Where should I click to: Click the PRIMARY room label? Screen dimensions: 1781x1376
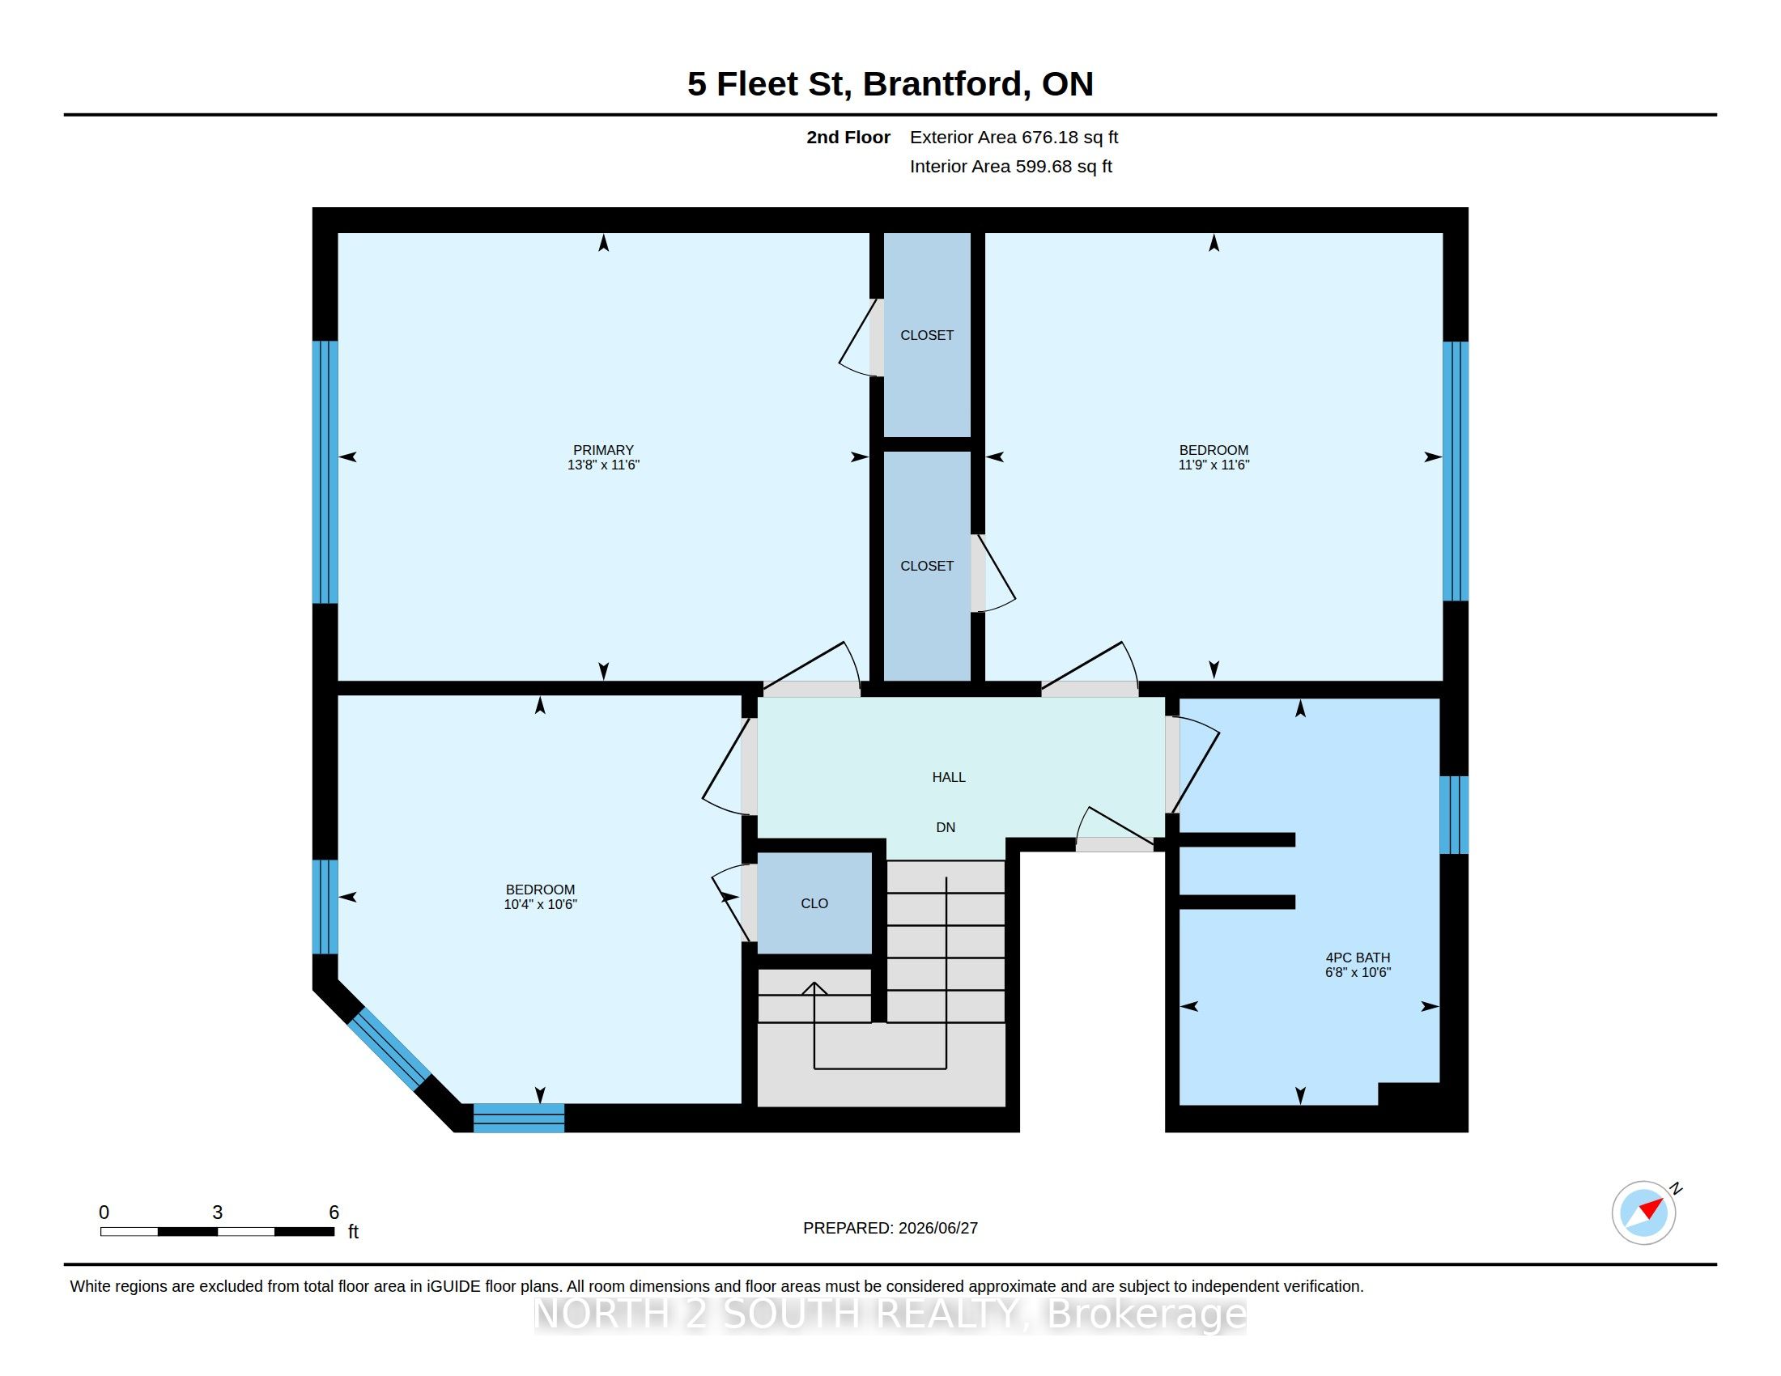coord(602,450)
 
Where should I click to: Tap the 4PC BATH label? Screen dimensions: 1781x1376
coord(1358,958)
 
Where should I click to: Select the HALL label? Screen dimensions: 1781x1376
coord(949,778)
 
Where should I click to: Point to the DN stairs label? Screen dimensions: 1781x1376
coord(945,827)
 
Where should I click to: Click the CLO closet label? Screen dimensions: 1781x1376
coord(814,903)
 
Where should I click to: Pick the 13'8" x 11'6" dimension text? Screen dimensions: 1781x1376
coord(603,465)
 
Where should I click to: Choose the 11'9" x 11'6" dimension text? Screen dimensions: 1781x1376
coord(1214,465)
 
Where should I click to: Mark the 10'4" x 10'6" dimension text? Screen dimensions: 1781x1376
coord(540,904)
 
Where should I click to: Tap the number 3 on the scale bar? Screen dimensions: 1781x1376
coord(217,1212)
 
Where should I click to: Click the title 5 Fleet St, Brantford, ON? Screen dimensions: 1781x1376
coord(890,84)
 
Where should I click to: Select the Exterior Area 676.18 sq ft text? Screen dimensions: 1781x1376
coord(1014,138)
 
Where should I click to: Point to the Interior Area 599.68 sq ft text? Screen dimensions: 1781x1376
coord(1010,166)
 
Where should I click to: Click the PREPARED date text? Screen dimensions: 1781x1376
coord(890,1228)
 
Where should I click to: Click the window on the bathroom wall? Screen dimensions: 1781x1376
coord(1453,815)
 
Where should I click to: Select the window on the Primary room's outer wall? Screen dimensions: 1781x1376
coord(325,472)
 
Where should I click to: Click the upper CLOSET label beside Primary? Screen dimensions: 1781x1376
coord(926,335)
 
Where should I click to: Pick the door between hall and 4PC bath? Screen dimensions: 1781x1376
coord(1192,764)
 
